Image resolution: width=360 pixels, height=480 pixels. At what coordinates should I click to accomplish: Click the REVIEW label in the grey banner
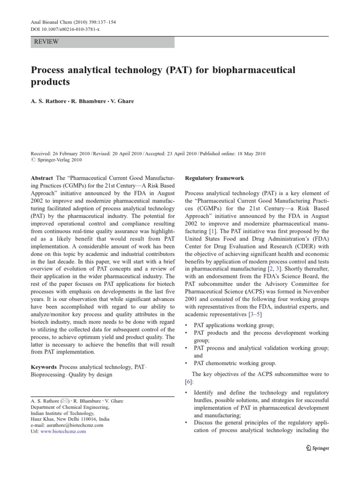pyautogui.click(x=46, y=42)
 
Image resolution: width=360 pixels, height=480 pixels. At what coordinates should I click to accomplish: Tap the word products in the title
pyautogui.click(x=50, y=82)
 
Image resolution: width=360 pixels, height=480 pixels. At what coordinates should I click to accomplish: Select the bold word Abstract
pyautogui.click(x=41, y=179)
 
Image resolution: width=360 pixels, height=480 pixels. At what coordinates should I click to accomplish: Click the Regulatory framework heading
pyautogui.click(x=214, y=179)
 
